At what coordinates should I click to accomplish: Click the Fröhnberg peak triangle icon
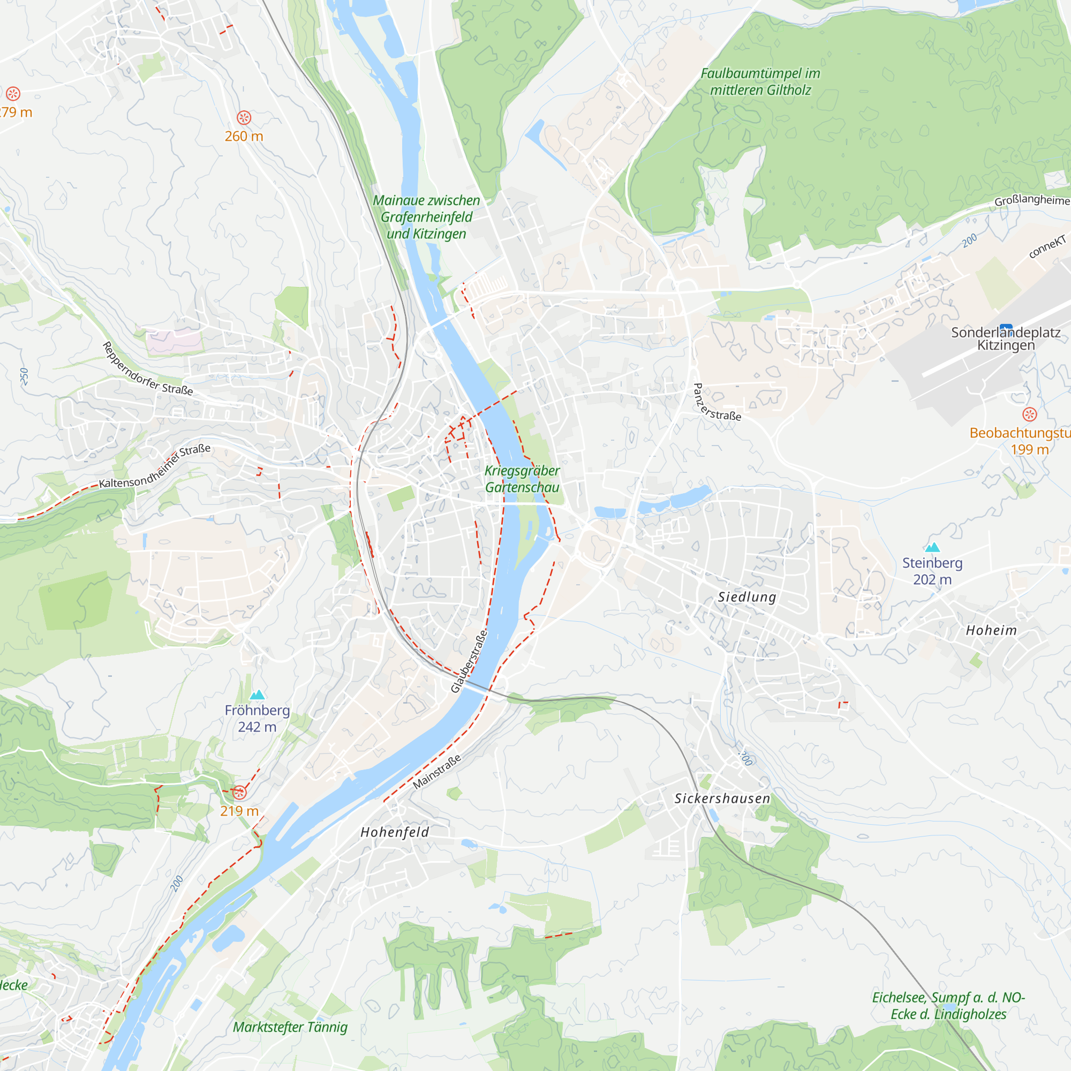[x=257, y=695]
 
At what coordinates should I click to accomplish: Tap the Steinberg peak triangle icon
[x=932, y=548]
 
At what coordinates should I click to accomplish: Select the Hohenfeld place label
[x=395, y=832]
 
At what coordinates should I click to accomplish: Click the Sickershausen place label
[x=722, y=798]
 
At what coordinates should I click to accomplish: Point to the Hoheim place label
[x=991, y=630]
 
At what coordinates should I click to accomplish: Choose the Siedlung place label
[x=746, y=597]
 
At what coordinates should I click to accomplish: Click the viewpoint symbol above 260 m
[x=244, y=117]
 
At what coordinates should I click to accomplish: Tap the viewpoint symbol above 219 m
[x=239, y=793]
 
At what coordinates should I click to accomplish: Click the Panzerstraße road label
[x=715, y=403]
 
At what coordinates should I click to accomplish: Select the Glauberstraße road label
[x=469, y=661]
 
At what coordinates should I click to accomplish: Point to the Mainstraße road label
[x=437, y=772]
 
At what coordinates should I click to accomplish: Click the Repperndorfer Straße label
[x=147, y=369]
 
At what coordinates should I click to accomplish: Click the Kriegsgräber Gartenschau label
[x=522, y=479]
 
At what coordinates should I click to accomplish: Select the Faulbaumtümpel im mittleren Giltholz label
[x=760, y=81]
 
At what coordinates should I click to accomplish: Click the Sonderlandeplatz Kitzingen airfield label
[x=1006, y=339]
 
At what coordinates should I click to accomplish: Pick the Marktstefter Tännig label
[x=290, y=1027]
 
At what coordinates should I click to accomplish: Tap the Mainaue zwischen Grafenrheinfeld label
[x=426, y=217]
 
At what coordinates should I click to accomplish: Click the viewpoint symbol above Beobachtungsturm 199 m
[x=1029, y=414]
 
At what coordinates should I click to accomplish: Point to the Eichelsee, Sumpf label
[x=948, y=1006]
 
